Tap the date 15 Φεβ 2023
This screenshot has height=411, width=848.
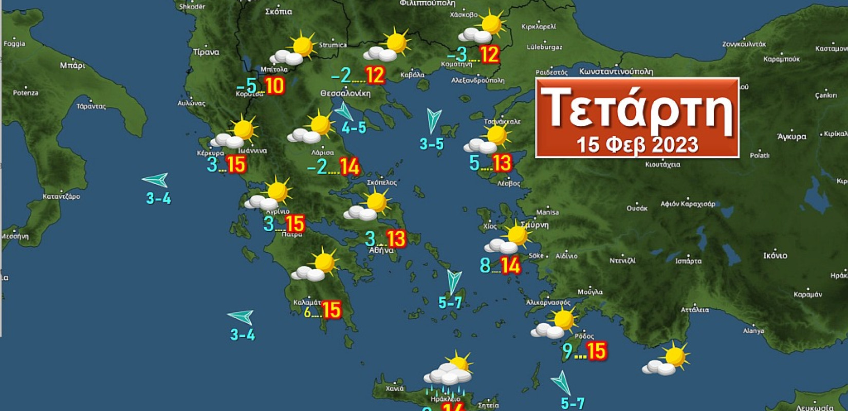pyautogui.click(x=637, y=144)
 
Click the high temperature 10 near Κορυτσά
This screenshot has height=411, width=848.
pyautogui.click(x=275, y=85)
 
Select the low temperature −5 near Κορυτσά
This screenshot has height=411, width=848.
pyautogui.click(x=247, y=86)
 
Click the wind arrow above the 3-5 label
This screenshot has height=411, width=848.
pyautogui.click(x=433, y=120)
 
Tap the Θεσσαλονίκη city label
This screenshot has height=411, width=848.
pyautogui.click(x=345, y=94)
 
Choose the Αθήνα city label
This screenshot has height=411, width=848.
pyautogui.click(x=381, y=250)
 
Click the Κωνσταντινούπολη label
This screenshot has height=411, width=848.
pyautogui.click(x=616, y=71)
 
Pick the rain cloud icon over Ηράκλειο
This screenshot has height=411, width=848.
pyautogui.click(x=449, y=373)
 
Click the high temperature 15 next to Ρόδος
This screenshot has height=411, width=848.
pyautogui.click(x=596, y=351)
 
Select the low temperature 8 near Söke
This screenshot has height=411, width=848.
pyautogui.click(x=485, y=266)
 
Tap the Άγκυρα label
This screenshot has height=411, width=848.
pyautogui.click(x=791, y=137)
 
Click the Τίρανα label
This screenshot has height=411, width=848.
pyautogui.click(x=206, y=52)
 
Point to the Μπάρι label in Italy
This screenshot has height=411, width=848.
pyautogui.click(x=72, y=65)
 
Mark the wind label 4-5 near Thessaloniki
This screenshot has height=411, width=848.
pyautogui.click(x=354, y=127)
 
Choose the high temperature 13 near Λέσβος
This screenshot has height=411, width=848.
pyautogui.click(x=502, y=163)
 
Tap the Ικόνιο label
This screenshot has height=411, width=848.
pyautogui.click(x=775, y=255)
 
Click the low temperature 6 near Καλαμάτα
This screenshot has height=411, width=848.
pyautogui.click(x=308, y=311)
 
